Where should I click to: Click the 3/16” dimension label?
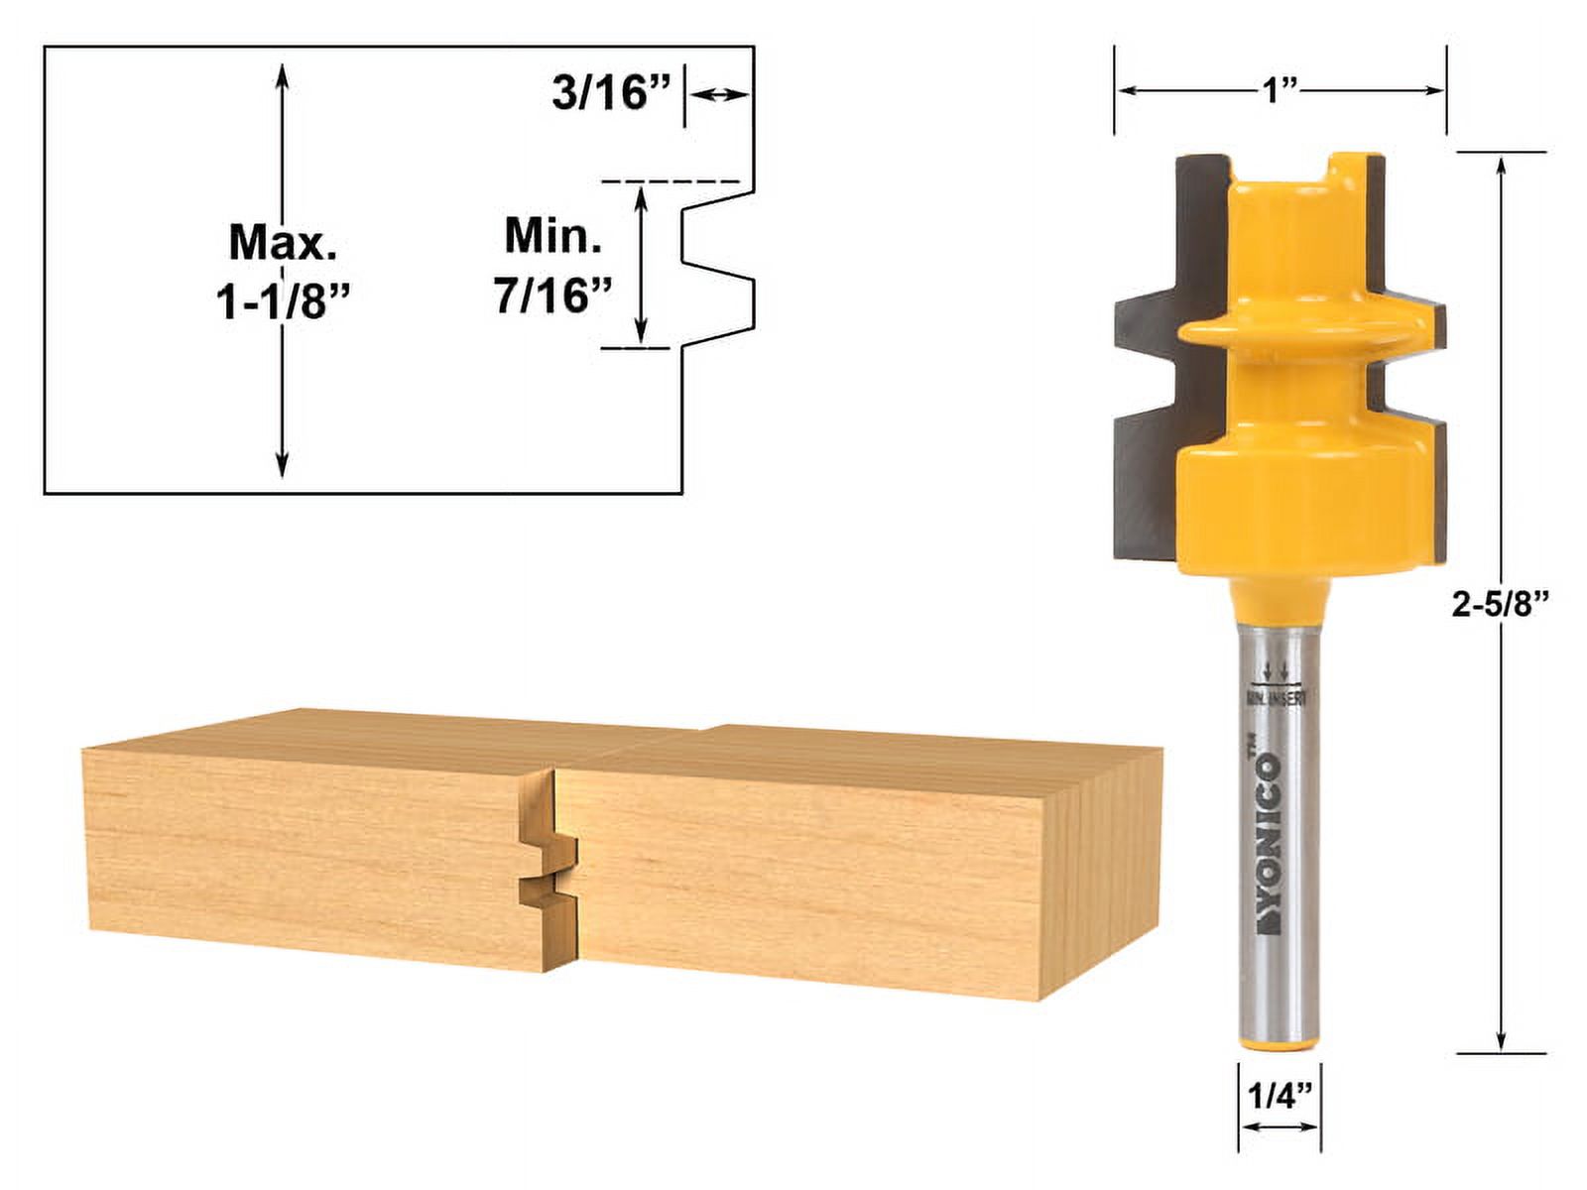pos(610,94)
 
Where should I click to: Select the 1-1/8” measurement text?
pos(285,300)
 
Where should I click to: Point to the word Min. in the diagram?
pos(552,236)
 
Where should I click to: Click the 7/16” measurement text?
pos(552,295)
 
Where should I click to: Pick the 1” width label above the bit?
pos(1280,91)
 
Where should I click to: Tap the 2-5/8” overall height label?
pos(1500,605)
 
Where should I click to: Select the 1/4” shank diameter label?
pos(1279,1096)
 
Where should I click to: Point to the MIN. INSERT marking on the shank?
pos(1278,696)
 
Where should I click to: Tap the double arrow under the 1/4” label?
pos(1279,1128)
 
